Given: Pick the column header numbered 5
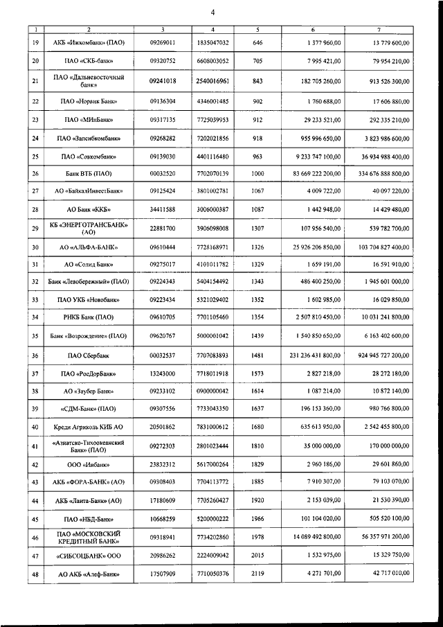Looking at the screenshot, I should click(257, 28).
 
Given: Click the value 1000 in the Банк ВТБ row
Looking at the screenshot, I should click(257, 173).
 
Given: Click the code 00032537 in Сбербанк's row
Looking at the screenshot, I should click(163, 355).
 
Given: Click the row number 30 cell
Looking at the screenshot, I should click(35, 247).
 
